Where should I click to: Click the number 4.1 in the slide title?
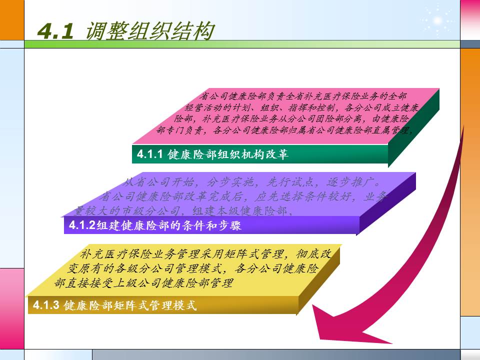[x=55, y=31]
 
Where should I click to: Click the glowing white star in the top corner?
[x=437, y=20]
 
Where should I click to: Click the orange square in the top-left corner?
[x=11, y=20]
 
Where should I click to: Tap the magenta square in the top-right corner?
[x=469, y=20]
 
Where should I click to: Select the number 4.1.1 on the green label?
[x=150, y=154]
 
